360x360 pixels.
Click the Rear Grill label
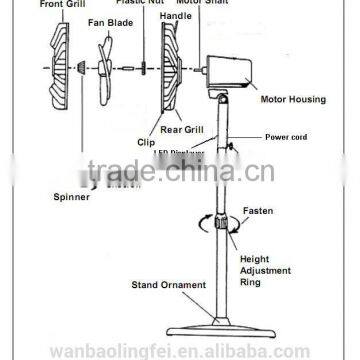[x=181, y=128]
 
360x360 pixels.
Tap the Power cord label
[x=284, y=137]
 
